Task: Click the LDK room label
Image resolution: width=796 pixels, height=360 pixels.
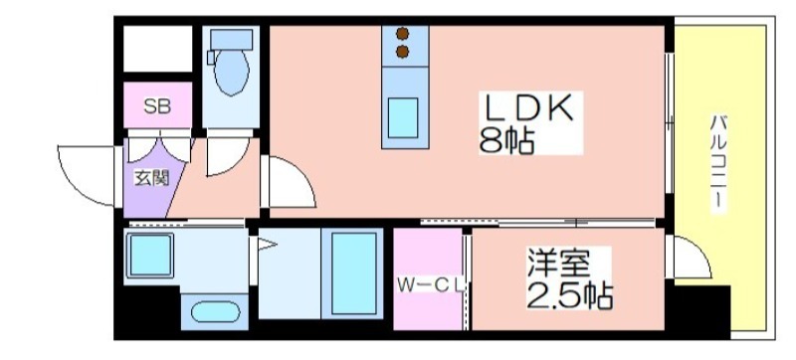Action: tap(529, 107)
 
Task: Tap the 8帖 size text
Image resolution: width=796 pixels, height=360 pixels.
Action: tap(506, 140)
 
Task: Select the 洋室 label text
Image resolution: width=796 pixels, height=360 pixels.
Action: tap(558, 263)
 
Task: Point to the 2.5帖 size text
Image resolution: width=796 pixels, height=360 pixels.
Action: tap(569, 294)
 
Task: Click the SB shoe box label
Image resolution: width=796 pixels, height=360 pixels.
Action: tap(157, 106)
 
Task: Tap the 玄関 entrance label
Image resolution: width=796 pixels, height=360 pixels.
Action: tap(151, 178)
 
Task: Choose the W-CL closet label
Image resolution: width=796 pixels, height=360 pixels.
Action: tap(431, 286)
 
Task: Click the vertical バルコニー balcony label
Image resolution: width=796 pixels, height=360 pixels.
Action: tap(717, 163)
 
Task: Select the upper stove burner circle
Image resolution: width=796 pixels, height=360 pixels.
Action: tap(403, 34)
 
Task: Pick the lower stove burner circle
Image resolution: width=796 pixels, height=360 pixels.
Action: tap(403, 52)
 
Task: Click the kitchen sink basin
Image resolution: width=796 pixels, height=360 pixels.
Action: tap(403, 117)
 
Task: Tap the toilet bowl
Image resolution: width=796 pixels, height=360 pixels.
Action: tap(232, 73)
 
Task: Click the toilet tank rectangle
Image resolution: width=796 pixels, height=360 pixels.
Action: tap(232, 39)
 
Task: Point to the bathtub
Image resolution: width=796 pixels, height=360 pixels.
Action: tap(353, 273)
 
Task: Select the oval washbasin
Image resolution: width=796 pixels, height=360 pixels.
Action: tap(215, 312)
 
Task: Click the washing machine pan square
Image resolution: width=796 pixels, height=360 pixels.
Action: tap(150, 256)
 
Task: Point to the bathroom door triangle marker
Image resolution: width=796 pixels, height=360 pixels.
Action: tap(267, 245)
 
